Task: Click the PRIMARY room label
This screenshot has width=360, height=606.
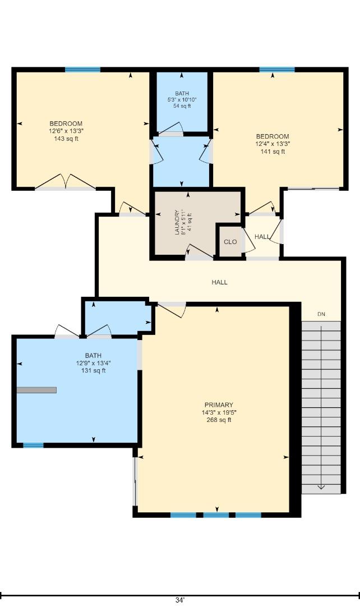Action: pos(219,405)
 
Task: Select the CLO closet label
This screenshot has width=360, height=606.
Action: pos(230,242)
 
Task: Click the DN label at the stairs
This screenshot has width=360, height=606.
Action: pos(321,314)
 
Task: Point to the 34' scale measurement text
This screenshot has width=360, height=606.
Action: pos(179,600)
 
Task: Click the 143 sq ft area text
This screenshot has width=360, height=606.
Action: pos(66,139)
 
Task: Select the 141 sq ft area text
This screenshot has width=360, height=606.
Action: pos(273,151)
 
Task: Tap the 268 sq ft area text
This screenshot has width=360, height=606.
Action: pos(219,420)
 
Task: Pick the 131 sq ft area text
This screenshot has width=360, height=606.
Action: pos(93,370)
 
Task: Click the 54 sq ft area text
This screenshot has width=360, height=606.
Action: pos(182,106)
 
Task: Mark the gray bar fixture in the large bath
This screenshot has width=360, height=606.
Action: pos(36,390)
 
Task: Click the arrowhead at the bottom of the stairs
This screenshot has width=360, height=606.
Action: pos(321,486)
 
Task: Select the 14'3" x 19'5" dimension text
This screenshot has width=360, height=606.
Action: pos(219,412)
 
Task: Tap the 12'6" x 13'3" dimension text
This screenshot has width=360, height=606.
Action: pos(66,131)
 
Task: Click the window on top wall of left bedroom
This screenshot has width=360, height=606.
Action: pos(82,70)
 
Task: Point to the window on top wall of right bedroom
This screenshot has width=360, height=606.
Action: pos(277,70)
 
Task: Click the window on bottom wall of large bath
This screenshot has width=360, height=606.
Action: pos(33,446)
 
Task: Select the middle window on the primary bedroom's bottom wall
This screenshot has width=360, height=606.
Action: pos(216,515)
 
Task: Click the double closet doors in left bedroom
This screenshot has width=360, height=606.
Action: pos(66,182)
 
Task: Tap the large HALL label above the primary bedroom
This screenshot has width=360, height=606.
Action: pos(219,282)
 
